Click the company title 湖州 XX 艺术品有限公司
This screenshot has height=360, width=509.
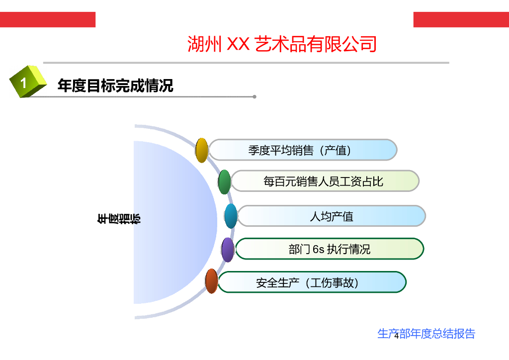tap(282, 44)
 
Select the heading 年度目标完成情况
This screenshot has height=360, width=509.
tap(115, 86)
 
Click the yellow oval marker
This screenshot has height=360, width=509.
tap(201, 150)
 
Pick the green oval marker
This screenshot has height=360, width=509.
tap(225, 181)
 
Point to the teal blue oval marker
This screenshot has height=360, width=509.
tap(231, 216)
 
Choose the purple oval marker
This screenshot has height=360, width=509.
tap(228, 250)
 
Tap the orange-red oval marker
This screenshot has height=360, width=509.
tap(212, 281)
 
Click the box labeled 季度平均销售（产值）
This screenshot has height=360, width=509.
tap(303, 150)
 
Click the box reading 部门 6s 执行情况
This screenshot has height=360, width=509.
tap(330, 249)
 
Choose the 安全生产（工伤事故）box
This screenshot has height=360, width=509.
tap(312, 282)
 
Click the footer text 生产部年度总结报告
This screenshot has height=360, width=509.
tap(426, 334)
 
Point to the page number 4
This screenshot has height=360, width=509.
tap(396, 336)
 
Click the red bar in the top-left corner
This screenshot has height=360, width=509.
tap(47, 20)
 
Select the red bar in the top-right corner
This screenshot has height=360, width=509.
tap(461, 20)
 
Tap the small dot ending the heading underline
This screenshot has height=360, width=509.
tap(254, 96)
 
